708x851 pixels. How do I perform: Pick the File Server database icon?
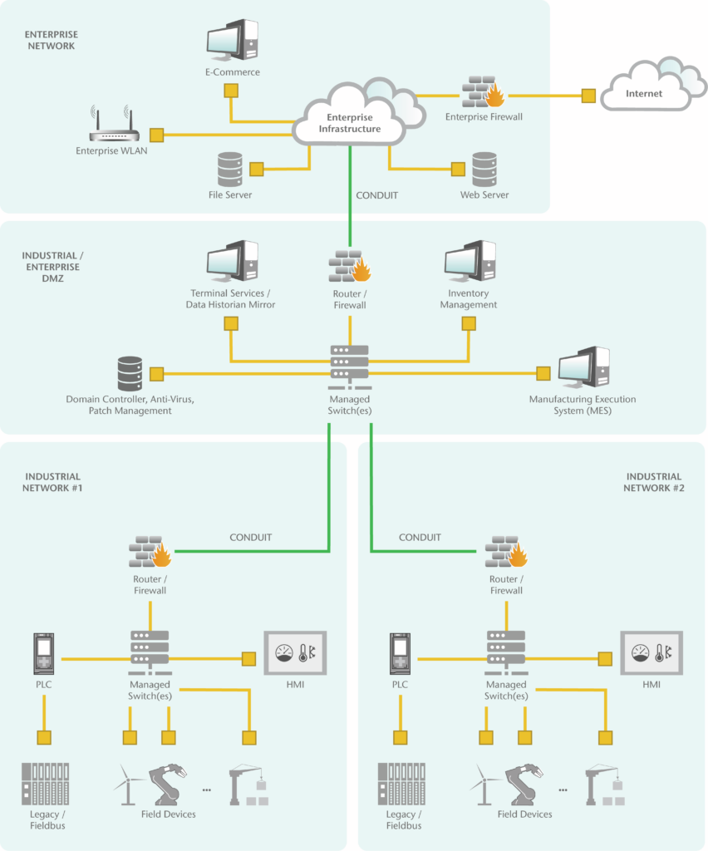point(229,169)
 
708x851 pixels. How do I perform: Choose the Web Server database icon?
point(484,169)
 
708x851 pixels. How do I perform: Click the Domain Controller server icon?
point(130,374)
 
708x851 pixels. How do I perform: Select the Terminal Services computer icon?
point(232,261)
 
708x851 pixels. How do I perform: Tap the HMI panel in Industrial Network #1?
point(295,652)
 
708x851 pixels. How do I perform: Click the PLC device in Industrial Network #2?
point(401,654)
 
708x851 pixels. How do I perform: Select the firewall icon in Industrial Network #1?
point(150,553)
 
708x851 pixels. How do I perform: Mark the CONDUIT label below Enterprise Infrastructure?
point(376,196)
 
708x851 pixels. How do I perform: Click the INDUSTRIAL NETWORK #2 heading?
point(653,482)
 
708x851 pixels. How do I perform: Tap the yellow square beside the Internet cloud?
point(588,95)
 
